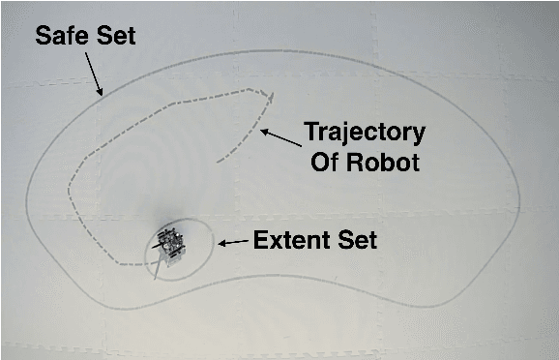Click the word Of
click(325, 162)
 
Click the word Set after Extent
click(353, 239)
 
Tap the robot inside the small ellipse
click(170, 242)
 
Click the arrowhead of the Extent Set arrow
click(221, 244)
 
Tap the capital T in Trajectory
click(311, 131)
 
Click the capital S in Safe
click(43, 37)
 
